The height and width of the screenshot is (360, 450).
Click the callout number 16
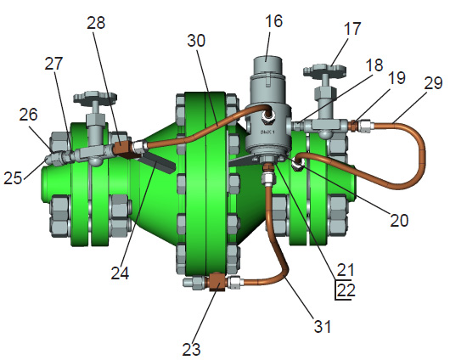pyautogui.click(x=273, y=21)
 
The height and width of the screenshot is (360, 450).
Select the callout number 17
pyautogui.click(x=352, y=29)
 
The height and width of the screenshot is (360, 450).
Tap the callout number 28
pyautogui.click(x=96, y=22)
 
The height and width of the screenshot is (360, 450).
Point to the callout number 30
pyautogui.click(x=196, y=41)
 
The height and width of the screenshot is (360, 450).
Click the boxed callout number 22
pyautogui.click(x=346, y=290)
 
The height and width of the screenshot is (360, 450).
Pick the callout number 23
pyautogui.click(x=191, y=349)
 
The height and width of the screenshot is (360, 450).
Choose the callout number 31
pyautogui.click(x=323, y=326)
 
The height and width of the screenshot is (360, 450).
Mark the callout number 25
pyautogui.click(x=13, y=177)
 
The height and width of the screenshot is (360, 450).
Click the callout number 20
pyautogui.click(x=399, y=220)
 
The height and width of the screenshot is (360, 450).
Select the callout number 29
pyautogui.click(x=433, y=83)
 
